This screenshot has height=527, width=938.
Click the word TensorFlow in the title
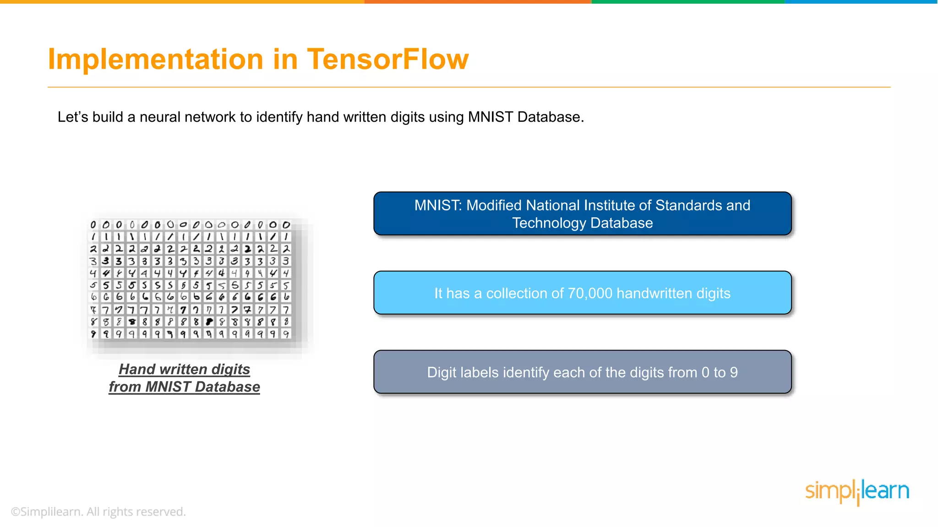click(x=387, y=59)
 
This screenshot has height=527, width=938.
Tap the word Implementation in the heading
click(x=155, y=59)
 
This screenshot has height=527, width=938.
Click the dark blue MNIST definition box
click(x=582, y=214)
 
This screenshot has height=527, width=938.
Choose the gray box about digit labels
click(x=582, y=372)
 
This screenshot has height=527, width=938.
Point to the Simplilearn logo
click(x=857, y=491)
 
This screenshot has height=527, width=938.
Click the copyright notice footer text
click(x=98, y=511)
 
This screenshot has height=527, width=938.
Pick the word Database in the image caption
click(x=227, y=387)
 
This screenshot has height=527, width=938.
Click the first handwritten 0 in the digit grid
click(x=93, y=225)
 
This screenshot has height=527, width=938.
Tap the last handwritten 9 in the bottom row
click(x=286, y=334)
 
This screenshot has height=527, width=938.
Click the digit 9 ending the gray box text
click(x=734, y=372)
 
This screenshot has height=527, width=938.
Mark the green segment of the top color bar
click(x=688, y=2)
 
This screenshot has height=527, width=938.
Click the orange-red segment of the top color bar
click(x=478, y=2)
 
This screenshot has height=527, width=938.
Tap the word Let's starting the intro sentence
click(x=72, y=117)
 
